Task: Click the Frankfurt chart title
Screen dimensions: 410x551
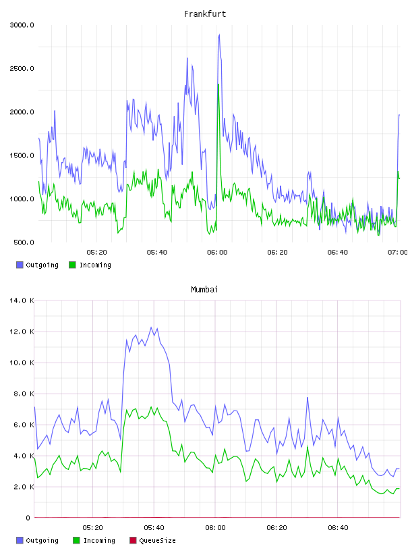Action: (x=205, y=14)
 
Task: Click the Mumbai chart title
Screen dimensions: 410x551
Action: (x=204, y=290)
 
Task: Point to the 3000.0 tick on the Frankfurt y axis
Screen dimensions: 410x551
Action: (x=22, y=25)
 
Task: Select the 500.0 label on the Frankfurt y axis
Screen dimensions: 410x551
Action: (x=24, y=242)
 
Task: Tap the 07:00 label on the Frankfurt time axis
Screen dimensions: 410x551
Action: (x=397, y=253)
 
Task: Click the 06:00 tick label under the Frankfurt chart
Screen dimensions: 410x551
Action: (x=217, y=253)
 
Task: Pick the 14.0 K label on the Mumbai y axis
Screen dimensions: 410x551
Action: (x=22, y=300)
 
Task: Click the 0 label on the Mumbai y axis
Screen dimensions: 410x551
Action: (x=28, y=518)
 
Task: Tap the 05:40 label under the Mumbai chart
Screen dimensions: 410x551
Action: (x=154, y=528)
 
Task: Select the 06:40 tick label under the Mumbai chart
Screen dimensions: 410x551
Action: (x=338, y=528)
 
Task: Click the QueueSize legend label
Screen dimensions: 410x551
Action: (x=157, y=540)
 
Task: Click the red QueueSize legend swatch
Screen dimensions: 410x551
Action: (x=133, y=540)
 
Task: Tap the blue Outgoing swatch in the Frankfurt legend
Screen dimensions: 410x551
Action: (x=20, y=265)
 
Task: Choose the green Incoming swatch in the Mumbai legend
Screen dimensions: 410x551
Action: (x=76, y=540)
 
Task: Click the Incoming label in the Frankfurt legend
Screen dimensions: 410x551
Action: (x=95, y=265)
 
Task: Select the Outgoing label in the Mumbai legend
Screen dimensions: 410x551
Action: (x=42, y=540)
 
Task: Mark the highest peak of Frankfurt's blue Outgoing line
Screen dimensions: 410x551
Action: (x=219, y=34)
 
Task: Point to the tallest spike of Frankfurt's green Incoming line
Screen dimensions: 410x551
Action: (x=218, y=84)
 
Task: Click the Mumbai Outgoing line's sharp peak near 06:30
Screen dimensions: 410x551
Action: (x=307, y=398)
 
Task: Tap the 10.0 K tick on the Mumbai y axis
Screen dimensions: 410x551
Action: (x=22, y=363)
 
